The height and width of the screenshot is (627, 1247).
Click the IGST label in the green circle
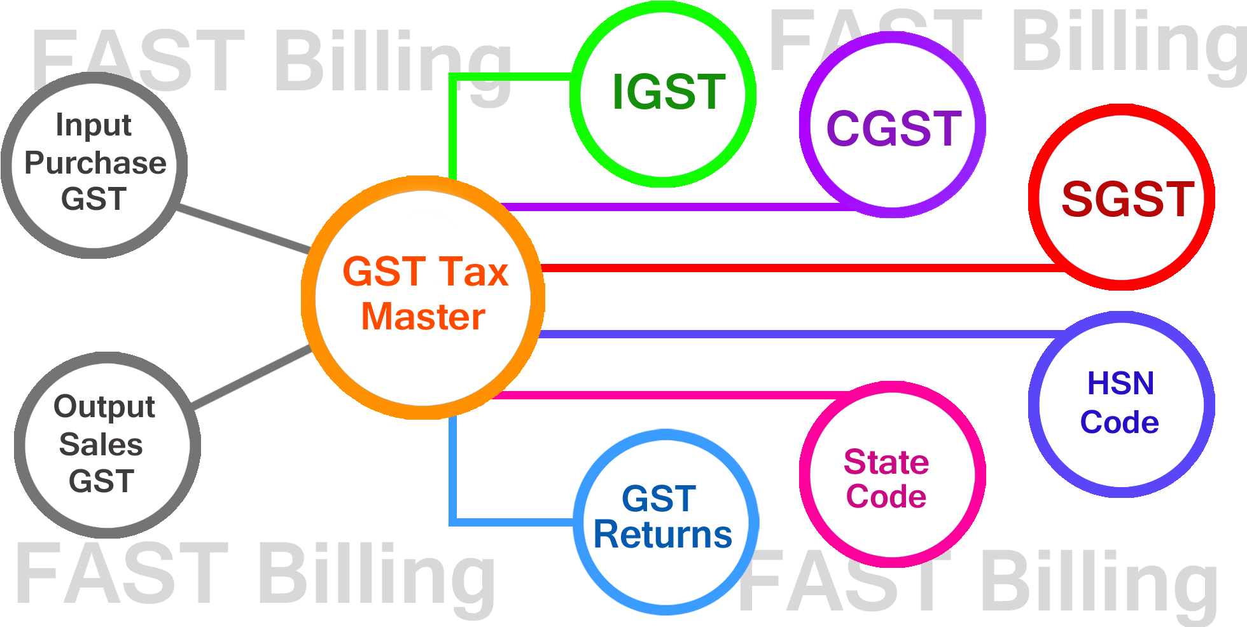click(x=668, y=92)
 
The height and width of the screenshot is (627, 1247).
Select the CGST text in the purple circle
click(x=893, y=129)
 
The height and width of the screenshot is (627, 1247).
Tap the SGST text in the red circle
click(x=1127, y=200)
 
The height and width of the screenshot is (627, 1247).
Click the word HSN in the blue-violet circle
click(x=1120, y=383)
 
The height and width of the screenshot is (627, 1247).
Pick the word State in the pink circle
click(x=886, y=462)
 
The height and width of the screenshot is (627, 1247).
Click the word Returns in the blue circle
click(x=663, y=535)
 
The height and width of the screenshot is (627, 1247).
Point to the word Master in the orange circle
click(x=423, y=317)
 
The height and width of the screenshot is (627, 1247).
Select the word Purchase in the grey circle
click(x=95, y=163)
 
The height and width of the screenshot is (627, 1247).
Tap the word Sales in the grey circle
click(x=101, y=444)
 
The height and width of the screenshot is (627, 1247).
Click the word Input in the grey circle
click(x=94, y=125)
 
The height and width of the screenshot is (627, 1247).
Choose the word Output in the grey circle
click(x=104, y=407)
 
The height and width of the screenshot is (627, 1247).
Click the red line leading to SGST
click(x=795, y=268)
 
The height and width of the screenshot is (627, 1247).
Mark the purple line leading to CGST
click(x=668, y=207)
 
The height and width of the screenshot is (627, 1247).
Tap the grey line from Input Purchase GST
click(x=242, y=229)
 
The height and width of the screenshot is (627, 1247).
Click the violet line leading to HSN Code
click(x=795, y=334)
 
